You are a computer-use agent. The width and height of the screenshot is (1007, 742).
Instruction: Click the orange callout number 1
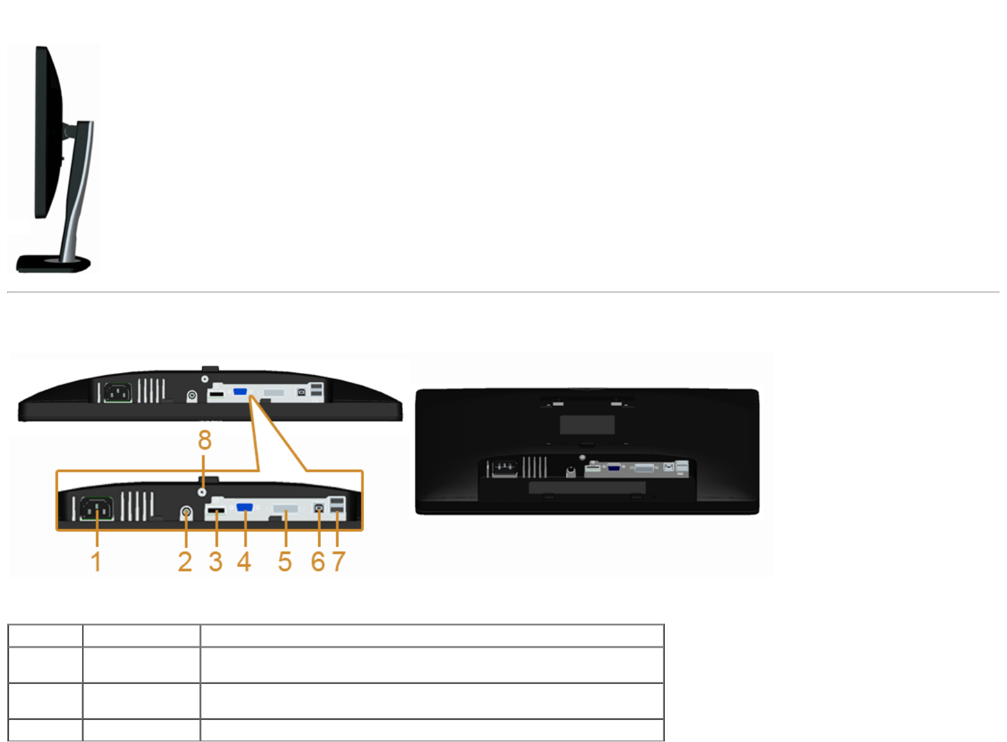pos(96,561)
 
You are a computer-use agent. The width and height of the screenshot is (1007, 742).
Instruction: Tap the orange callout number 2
pos(185,561)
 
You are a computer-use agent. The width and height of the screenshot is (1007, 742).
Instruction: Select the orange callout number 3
pos(216,561)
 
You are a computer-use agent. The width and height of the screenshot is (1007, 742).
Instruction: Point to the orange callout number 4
pos(244,561)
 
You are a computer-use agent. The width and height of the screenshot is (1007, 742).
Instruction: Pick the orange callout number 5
pos(285,561)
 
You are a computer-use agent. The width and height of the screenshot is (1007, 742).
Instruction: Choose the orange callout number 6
pos(318,561)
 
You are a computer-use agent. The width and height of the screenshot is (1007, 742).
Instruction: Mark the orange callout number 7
pos(339,561)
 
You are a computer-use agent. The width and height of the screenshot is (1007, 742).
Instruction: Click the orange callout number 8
pos(205,440)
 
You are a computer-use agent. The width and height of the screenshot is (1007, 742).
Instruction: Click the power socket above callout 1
pos(97,508)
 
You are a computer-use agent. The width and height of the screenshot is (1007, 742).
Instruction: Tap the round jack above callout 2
pos(187,513)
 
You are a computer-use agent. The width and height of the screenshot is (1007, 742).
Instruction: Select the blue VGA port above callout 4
pos(245,507)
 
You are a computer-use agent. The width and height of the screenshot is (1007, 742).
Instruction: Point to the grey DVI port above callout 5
pos(285,508)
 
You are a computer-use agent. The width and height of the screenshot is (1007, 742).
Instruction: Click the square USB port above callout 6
pos(319,508)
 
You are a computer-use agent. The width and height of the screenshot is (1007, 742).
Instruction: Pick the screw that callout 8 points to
pos(203,490)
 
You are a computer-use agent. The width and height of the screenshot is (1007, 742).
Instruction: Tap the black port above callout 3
pos(216,512)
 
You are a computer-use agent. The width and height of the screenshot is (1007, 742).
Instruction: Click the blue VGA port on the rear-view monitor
pos(614,467)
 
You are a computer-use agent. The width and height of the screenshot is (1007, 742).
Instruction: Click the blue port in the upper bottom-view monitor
pos(240,392)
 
